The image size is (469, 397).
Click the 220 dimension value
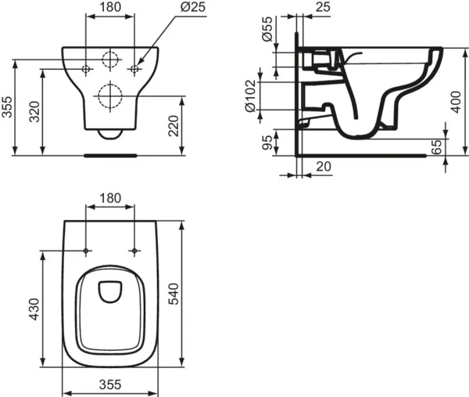coord(174,125)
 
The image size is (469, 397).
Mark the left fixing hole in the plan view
coord(86,251)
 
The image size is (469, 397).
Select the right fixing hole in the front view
coord(135,70)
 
